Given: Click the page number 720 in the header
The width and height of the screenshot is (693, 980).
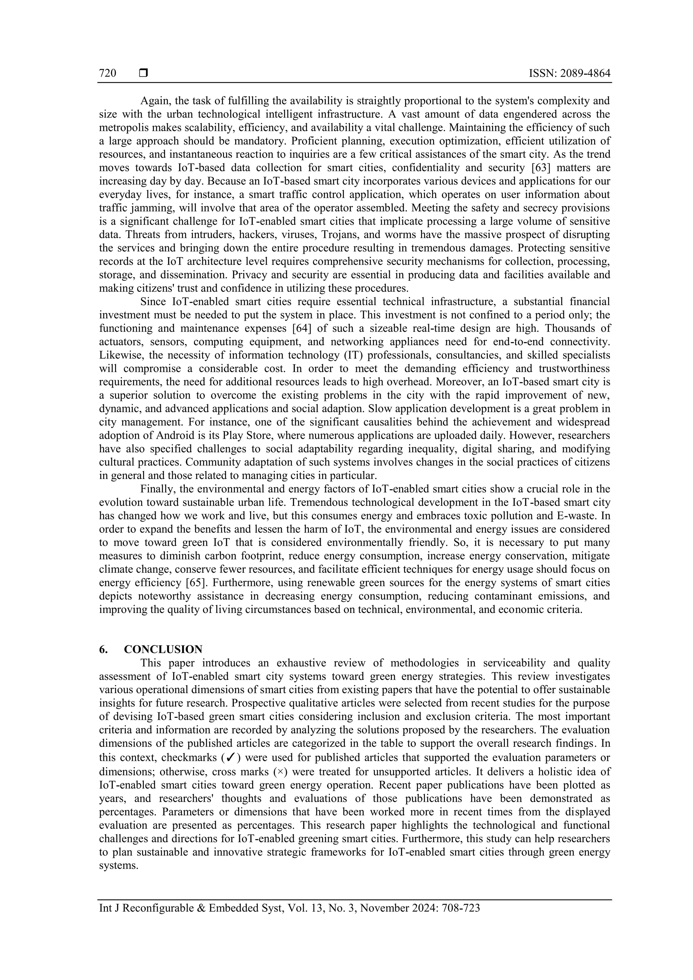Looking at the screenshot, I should [x=107, y=73].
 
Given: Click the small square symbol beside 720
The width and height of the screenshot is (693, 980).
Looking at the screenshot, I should [x=143, y=73].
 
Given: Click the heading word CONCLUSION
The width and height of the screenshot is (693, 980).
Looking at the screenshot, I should [x=163, y=649].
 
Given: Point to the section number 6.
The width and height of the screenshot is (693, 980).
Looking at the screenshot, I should [x=103, y=649].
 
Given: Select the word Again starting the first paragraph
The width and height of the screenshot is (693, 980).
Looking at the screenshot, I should [x=155, y=101].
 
